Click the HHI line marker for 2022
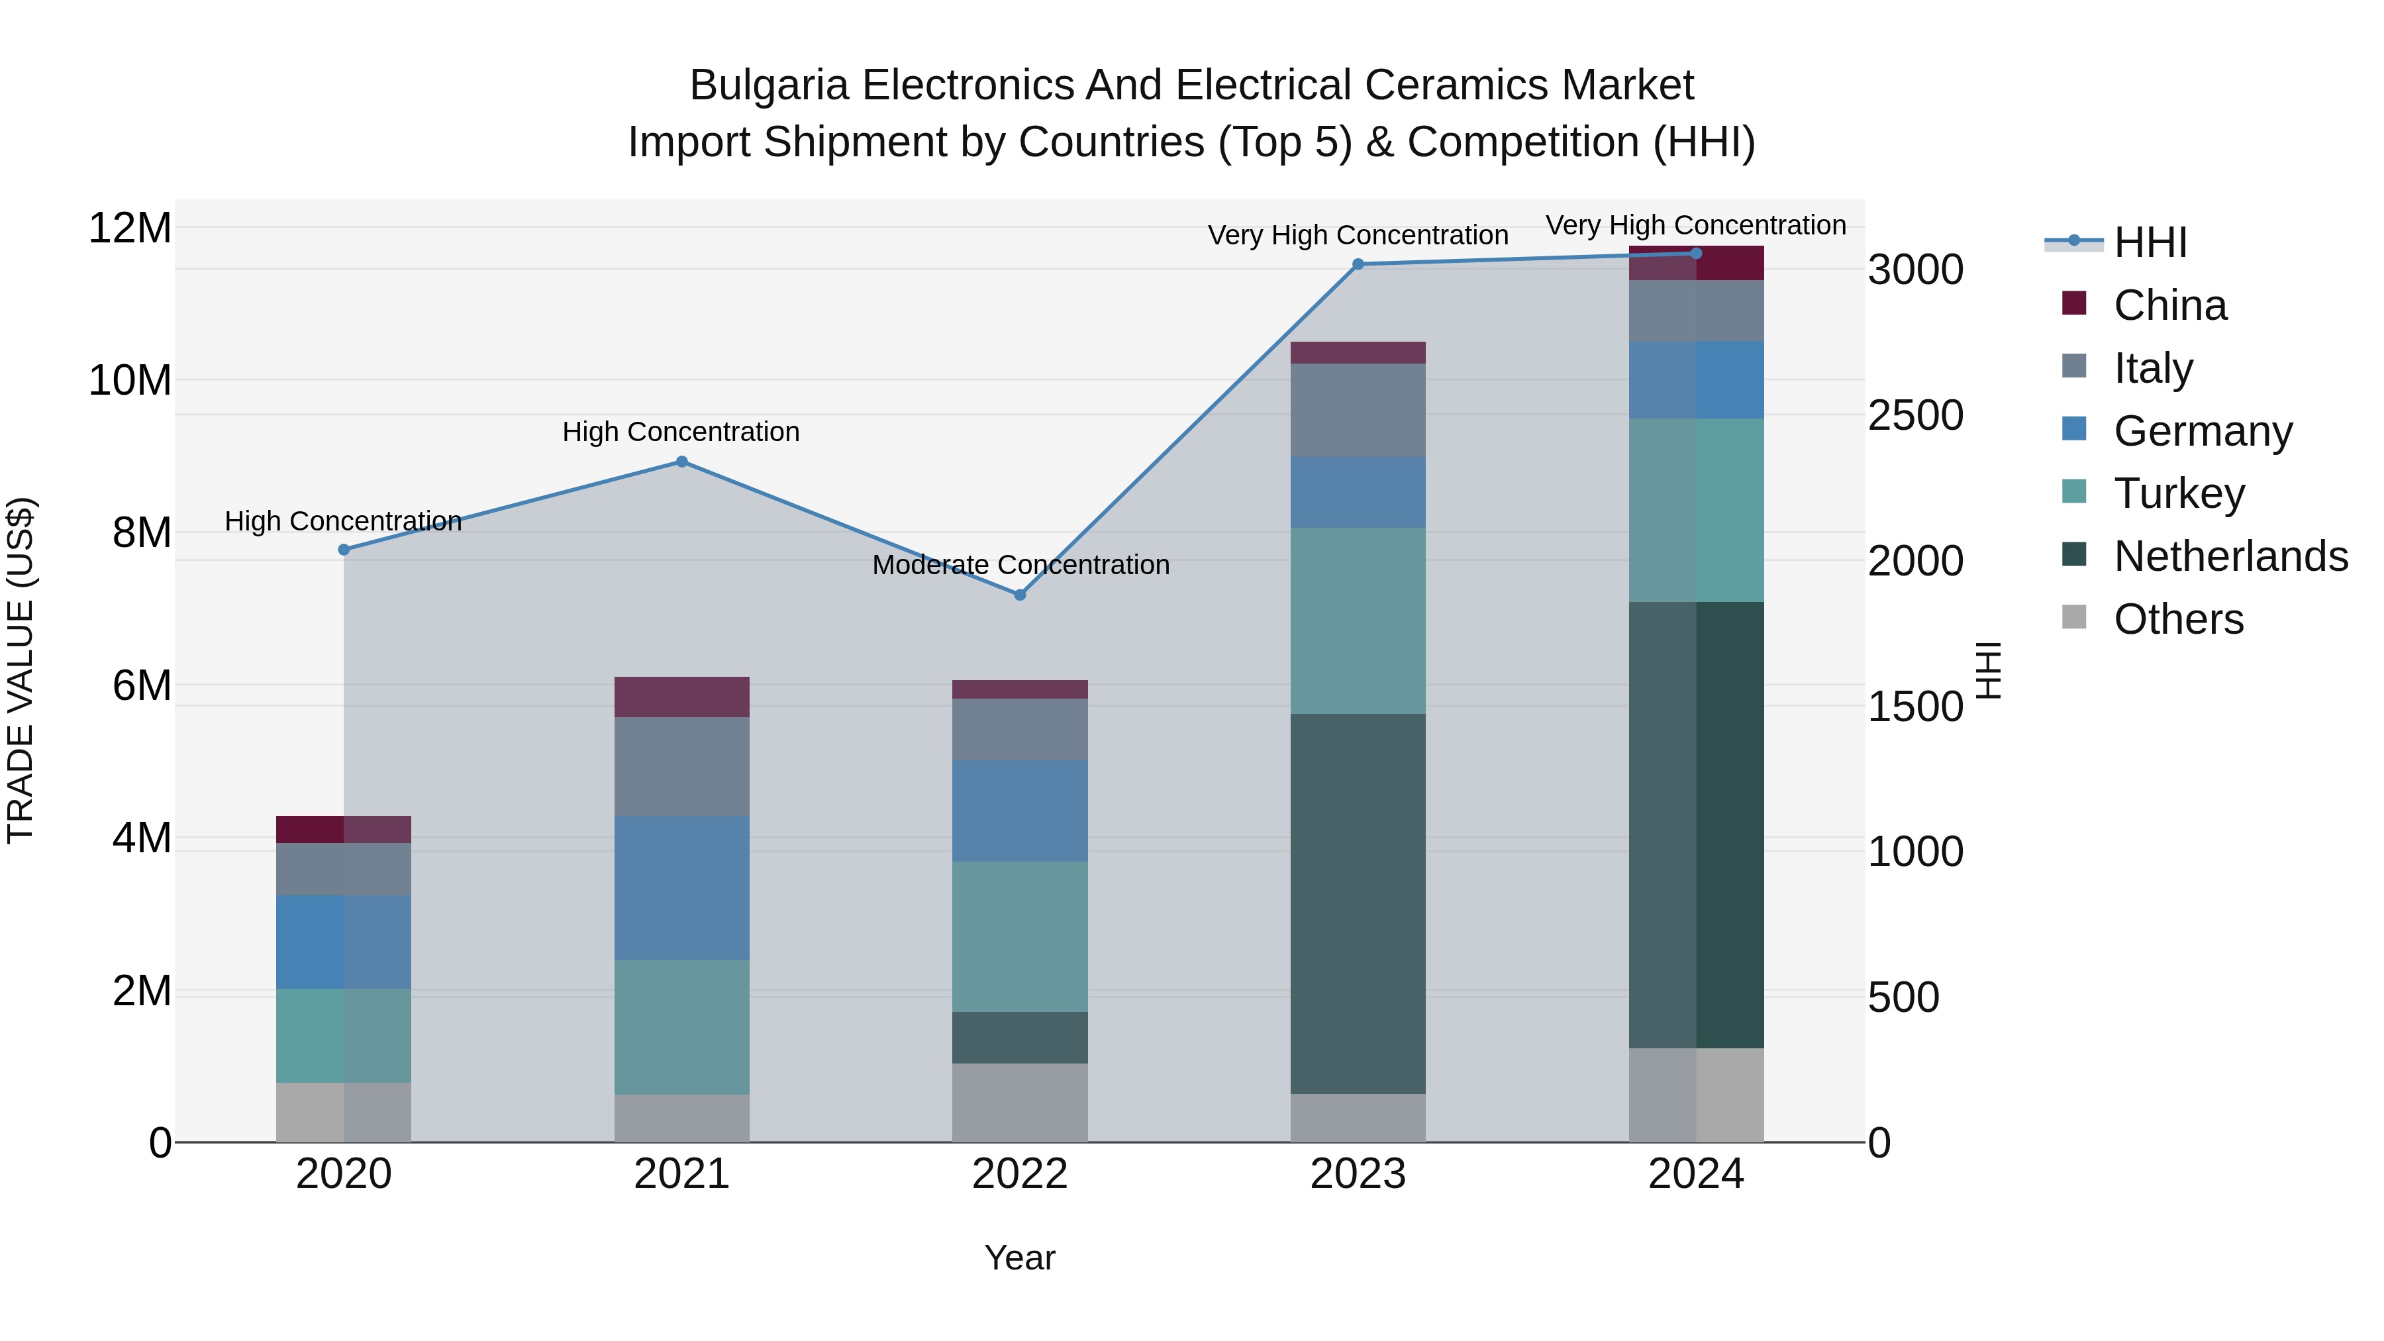point(1020,595)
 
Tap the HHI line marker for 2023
point(1358,264)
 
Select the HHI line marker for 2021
point(682,462)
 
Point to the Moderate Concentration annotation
point(1020,564)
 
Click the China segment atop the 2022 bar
point(1020,689)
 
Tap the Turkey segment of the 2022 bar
point(1020,936)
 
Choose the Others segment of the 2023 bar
point(1358,1117)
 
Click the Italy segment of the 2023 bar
point(1358,409)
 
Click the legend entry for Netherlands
point(2230,556)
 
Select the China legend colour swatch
point(2074,303)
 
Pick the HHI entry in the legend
point(2150,242)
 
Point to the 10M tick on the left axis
point(130,380)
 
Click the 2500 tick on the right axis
point(1914,415)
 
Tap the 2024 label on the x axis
point(1695,1174)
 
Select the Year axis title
point(1019,1258)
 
